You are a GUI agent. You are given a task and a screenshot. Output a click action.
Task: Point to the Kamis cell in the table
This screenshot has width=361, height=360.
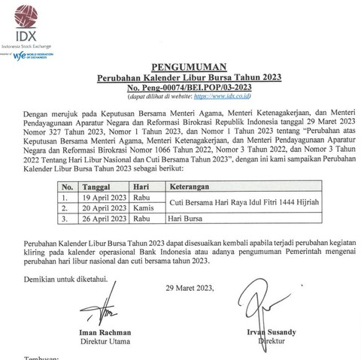click(x=147, y=208)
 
